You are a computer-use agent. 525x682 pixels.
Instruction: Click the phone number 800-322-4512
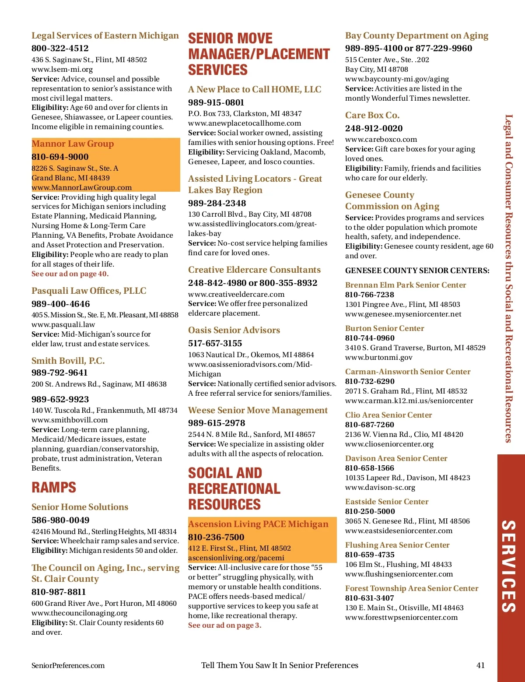click(60, 48)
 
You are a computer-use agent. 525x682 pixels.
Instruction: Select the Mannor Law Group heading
click(73, 144)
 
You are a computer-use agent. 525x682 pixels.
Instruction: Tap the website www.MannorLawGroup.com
click(81, 187)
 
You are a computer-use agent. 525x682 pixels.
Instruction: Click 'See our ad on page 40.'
click(70, 274)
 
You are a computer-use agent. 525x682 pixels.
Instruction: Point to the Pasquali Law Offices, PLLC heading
click(89, 291)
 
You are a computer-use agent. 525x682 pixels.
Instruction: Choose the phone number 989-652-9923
click(60, 399)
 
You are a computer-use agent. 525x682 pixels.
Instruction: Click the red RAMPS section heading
click(54, 487)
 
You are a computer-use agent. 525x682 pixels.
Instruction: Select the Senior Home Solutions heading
click(80, 507)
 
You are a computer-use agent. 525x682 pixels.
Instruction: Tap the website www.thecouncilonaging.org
click(79, 613)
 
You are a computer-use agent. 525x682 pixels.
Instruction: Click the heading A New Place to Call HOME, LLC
click(255, 89)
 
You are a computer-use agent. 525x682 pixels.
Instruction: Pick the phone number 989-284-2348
click(217, 203)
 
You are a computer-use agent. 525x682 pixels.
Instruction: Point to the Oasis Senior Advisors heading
click(234, 330)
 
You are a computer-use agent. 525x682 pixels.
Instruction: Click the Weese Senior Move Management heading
click(258, 410)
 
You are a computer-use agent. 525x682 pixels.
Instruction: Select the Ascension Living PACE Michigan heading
click(258, 524)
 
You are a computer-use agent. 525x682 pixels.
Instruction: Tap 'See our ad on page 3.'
click(224, 625)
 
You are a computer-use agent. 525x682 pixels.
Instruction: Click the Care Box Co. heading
click(372, 115)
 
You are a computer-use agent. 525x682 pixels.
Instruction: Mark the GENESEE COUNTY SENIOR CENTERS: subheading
click(417, 271)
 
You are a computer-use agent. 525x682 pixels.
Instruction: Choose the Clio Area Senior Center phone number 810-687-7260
click(370, 425)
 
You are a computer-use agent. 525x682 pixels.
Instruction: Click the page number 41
click(480, 665)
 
